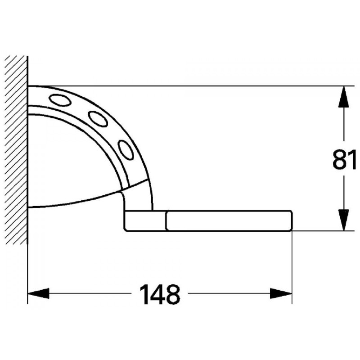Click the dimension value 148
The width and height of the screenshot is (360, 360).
point(160,294)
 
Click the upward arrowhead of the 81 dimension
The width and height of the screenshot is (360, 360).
point(344,95)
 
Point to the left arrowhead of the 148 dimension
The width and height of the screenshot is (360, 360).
point(38,294)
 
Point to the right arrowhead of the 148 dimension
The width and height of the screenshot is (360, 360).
point(282,294)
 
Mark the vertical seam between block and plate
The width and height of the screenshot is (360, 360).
point(166,220)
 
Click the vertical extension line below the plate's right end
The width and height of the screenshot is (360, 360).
point(292,265)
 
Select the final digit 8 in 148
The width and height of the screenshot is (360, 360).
point(173,294)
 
